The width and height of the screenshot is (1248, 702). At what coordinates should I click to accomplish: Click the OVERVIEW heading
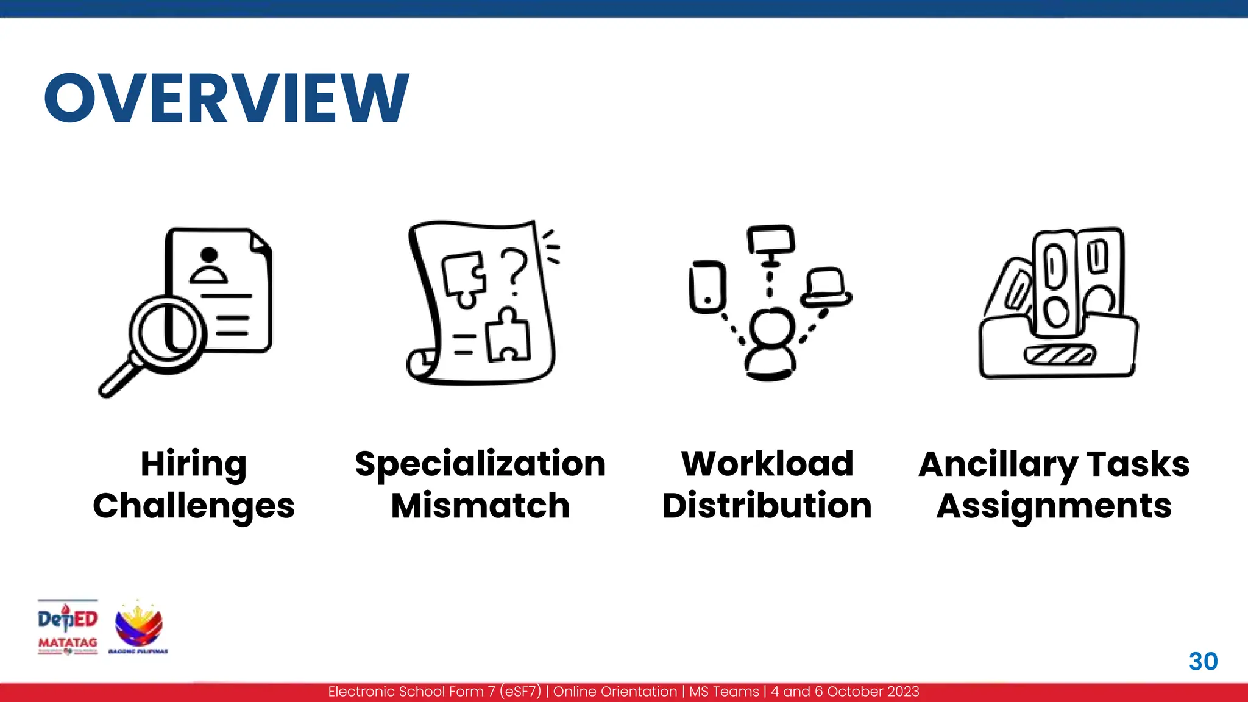227,98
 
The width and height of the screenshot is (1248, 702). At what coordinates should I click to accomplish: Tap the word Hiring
194,464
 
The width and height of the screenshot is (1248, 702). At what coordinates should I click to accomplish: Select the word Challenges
194,506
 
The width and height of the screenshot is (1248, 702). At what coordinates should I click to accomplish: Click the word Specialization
480,464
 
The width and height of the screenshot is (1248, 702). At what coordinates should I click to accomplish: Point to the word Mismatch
480,506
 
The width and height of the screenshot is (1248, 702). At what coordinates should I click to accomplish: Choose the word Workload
767,464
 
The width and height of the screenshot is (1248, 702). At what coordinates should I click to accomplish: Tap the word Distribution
767,506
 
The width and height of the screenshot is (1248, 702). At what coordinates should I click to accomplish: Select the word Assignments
1054,506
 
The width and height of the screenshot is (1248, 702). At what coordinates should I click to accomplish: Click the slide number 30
1203,662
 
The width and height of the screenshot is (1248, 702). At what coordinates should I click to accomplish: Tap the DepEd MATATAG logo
68,627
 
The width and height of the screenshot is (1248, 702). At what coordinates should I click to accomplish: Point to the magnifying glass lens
168,333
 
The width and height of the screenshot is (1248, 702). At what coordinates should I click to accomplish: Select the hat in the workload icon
826,287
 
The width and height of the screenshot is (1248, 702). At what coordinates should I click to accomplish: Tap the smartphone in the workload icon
707,287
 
